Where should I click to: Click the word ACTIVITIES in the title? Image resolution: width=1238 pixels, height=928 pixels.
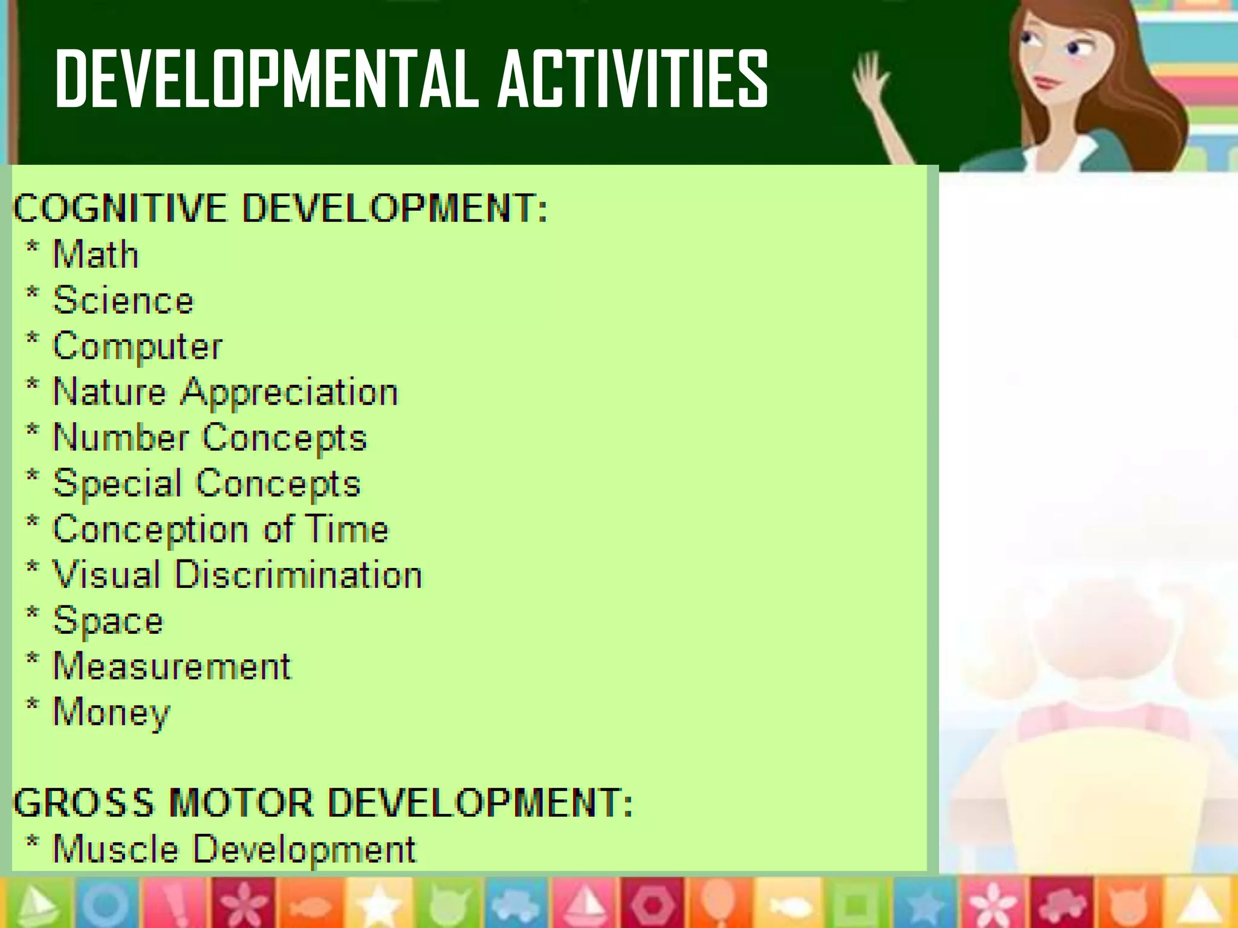633,79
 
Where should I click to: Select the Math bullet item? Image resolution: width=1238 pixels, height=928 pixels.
96,254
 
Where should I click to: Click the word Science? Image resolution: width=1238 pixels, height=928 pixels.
123,300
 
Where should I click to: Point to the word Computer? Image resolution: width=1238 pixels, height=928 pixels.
138,347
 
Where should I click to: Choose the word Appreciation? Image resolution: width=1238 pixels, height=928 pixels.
290,393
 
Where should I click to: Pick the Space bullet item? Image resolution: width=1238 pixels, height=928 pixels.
108,621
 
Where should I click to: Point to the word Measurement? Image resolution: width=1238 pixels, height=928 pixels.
172,667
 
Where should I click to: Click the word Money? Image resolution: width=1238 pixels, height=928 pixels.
112,713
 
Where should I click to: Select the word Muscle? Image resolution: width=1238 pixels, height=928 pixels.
116,849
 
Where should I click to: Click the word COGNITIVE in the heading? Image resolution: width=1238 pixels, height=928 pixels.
120,208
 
